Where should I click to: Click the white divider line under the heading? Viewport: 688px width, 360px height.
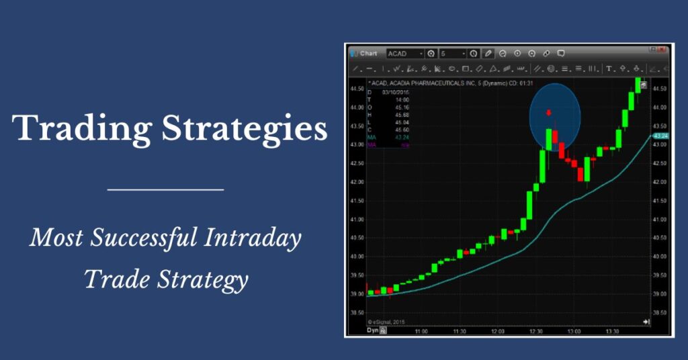point(165,189)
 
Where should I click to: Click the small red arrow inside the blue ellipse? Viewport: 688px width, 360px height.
point(549,112)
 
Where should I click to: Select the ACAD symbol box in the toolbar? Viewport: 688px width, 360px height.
point(405,53)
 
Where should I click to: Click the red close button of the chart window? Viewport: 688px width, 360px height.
point(662,48)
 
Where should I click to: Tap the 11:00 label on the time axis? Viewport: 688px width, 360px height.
point(421,331)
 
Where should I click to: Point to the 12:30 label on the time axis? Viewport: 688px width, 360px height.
point(535,331)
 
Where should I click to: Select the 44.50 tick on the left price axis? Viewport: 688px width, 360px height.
point(357,89)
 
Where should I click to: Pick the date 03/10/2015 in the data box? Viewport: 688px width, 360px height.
point(395,91)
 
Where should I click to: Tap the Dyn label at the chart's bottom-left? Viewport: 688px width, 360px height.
point(372,330)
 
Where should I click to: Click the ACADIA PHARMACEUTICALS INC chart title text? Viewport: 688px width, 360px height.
point(436,83)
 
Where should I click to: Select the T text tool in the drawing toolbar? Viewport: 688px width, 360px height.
point(609,69)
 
